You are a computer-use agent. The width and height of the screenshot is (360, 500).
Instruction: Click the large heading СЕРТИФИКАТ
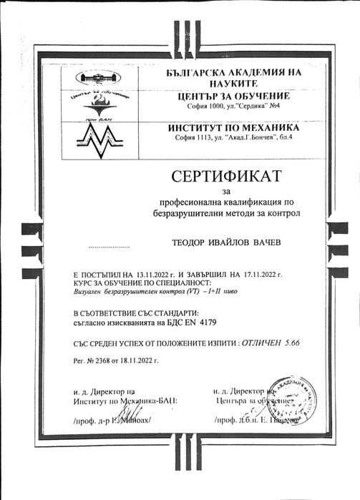[x=227, y=176]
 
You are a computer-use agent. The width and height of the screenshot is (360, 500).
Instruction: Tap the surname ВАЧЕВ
[x=268, y=243]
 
